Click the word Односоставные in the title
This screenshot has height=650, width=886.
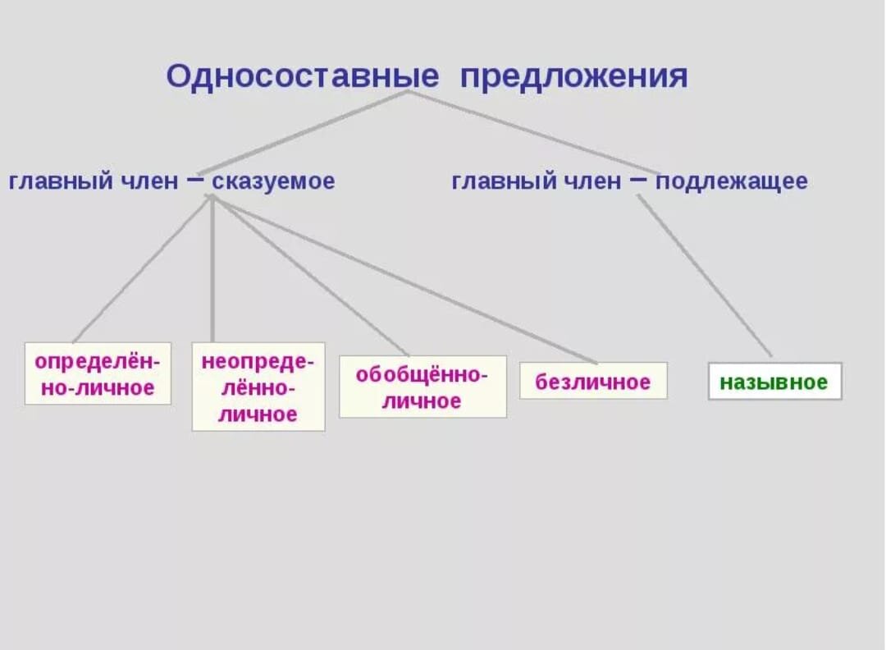[x=303, y=76]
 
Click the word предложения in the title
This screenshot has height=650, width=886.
[x=573, y=76]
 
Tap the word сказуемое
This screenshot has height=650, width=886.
[x=274, y=181]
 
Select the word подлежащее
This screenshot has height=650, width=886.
[x=731, y=181]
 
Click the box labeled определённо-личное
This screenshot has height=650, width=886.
[x=98, y=373]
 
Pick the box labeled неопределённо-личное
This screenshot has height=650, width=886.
[x=258, y=387]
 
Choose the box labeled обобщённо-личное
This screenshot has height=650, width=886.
[x=422, y=387]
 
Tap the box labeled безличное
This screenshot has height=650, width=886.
[x=593, y=381]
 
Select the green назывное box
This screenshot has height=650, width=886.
[x=774, y=382]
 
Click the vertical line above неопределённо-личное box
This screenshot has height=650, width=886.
[x=212, y=271]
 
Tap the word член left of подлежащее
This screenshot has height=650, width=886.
[x=591, y=181]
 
